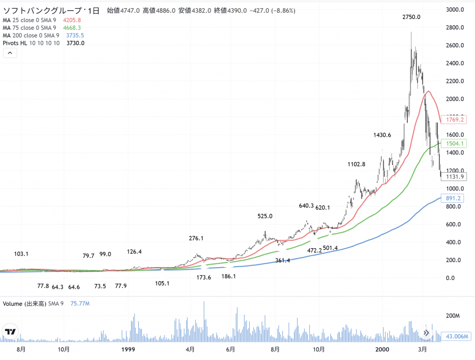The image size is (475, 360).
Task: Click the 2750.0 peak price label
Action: coord(411,17)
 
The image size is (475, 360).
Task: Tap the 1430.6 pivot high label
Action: coord(382,135)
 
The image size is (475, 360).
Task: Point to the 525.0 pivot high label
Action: coord(265,216)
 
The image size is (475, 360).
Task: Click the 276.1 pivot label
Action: coord(196,238)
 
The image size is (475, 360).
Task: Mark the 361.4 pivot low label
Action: coord(282,261)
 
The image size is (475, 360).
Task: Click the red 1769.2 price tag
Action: coord(455,119)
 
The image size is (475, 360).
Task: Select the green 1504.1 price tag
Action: coord(455,144)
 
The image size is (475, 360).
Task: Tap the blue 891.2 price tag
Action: coord(455,199)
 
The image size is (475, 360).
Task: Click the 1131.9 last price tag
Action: coord(455,177)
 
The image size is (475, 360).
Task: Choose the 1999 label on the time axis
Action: coord(128,348)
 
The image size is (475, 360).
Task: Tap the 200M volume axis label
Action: coord(452,316)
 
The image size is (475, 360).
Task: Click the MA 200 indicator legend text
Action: coord(31,35)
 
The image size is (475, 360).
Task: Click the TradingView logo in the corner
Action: coord(10,332)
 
